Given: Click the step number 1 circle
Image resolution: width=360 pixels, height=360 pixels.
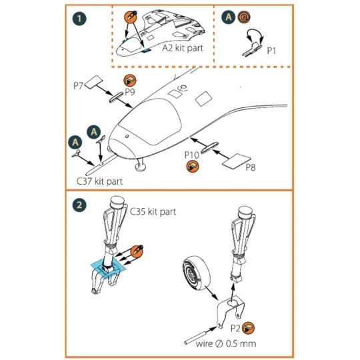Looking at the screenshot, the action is pos(79,19).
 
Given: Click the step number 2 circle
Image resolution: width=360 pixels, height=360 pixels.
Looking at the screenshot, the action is pos(79,205).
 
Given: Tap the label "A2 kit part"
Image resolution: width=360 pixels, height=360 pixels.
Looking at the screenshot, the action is pos(183,48).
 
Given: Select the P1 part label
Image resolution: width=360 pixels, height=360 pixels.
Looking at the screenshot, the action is pos(271,51).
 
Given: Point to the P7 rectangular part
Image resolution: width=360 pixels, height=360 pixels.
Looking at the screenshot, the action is pos(94,82).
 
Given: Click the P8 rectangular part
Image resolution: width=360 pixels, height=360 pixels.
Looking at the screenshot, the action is pos(237,161).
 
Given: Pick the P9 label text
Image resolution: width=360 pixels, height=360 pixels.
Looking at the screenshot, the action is pos(130,92).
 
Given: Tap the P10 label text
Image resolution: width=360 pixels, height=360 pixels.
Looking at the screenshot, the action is pos(192,155).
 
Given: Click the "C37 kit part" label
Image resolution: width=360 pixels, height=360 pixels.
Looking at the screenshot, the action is pos(99,181).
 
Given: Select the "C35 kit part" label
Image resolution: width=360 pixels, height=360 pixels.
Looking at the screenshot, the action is pos(153,211).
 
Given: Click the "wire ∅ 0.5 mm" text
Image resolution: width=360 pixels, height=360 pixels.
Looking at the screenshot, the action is pos(226,344).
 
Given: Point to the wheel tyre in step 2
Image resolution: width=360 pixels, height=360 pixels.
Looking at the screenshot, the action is pos(196,273).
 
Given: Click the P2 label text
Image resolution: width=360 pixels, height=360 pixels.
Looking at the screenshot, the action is pos(235,328).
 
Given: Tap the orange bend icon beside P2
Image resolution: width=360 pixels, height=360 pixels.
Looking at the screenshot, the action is pos(248,328).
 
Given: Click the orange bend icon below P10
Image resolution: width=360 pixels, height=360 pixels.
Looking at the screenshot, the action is pos(193,166).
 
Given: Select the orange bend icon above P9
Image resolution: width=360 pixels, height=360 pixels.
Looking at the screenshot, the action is pos(130,81).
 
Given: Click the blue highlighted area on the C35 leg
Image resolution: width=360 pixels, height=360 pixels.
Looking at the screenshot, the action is pos(108,269).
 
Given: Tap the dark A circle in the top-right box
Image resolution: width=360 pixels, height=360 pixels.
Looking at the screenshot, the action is pos(228,17).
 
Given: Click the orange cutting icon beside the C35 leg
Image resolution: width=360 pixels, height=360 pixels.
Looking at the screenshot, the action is pos(137,251).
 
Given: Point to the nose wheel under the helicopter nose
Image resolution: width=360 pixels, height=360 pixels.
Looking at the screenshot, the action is pos(140,167).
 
